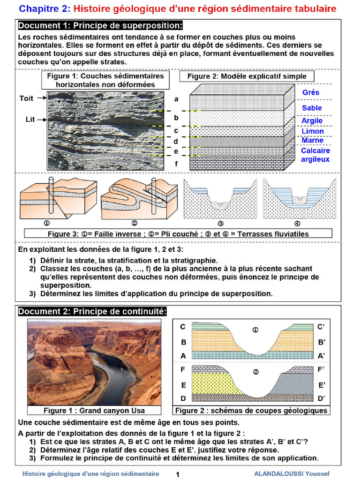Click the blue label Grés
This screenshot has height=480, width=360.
tap(311, 92)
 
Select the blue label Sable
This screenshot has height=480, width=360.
tap(312, 108)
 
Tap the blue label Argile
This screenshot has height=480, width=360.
tap(312, 120)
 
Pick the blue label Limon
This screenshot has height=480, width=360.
tap(312, 131)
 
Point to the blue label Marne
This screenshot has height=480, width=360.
tap(312, 140)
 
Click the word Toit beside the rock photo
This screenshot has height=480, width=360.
tap(27, 98)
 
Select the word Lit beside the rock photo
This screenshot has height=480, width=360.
tap(30, 120)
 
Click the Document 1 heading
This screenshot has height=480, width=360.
tap(100, 25)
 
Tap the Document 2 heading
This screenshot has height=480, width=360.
tap(92, 312)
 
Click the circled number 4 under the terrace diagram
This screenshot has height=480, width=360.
tap(297, 224)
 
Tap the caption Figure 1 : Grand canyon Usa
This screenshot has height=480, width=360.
tap(94, 411)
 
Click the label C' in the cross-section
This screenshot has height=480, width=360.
tap(321, 327)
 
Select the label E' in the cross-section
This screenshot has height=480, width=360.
tap(322, 385)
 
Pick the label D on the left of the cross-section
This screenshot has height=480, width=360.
tap(183, 398)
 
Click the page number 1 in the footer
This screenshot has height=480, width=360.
tap(178, 474)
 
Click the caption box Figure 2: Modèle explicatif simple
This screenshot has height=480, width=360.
tap(247, 76)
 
